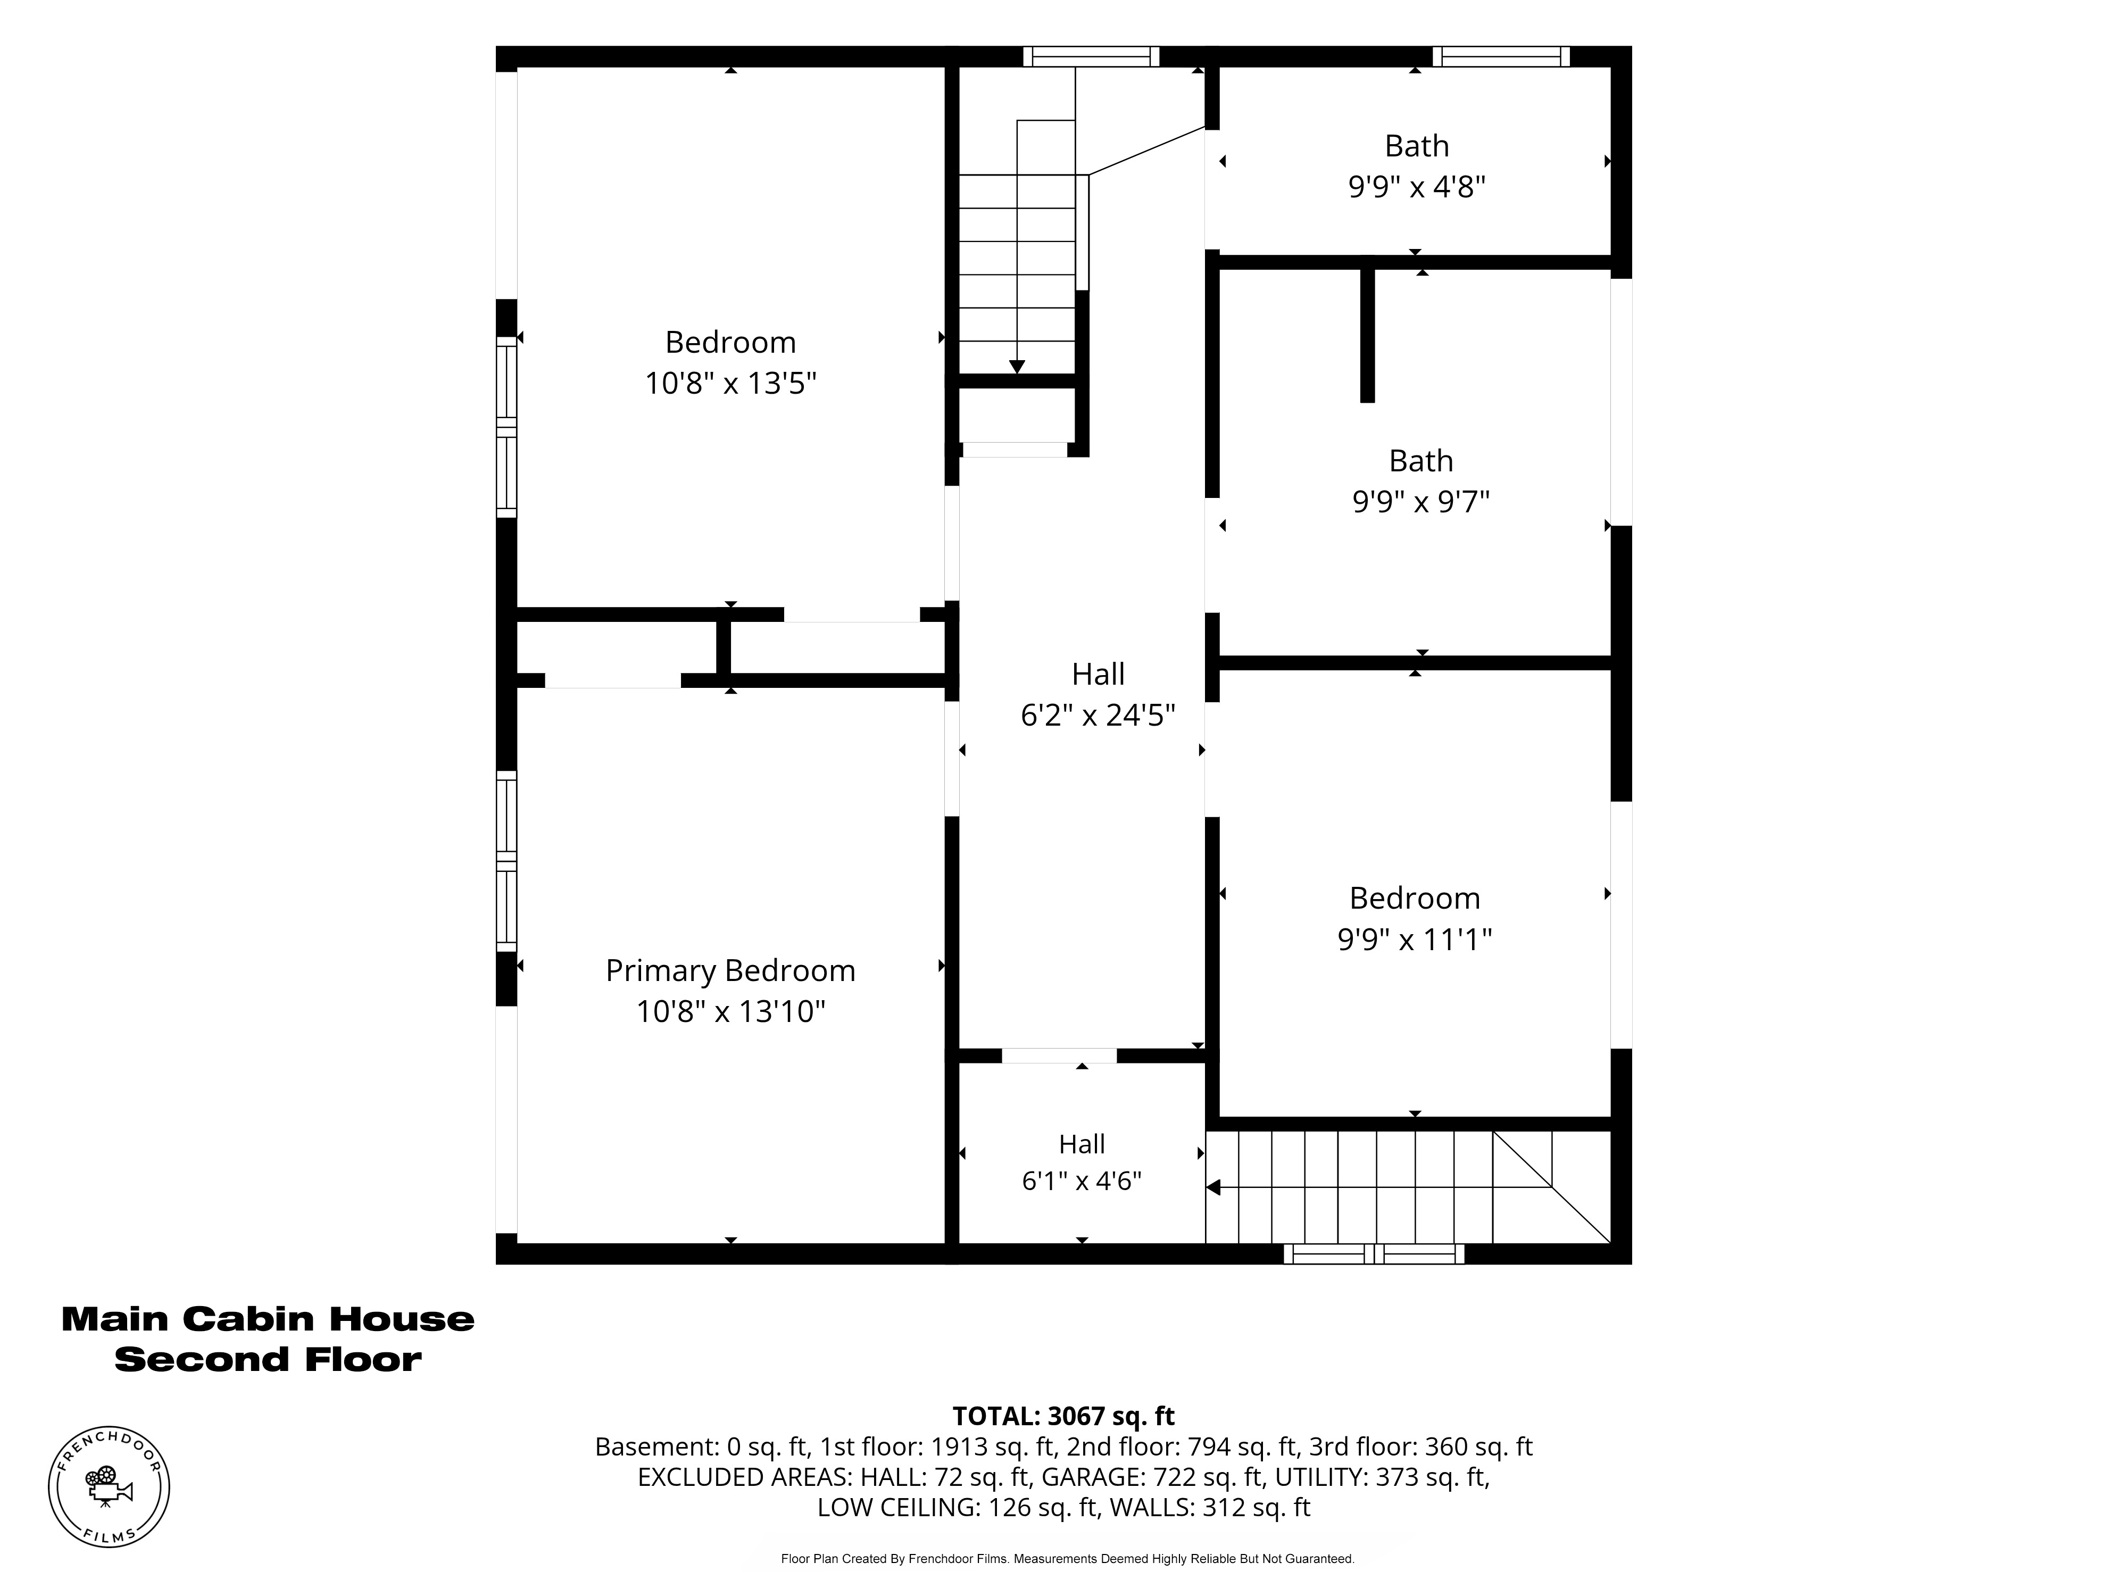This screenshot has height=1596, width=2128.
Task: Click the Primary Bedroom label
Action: tap(730, 971)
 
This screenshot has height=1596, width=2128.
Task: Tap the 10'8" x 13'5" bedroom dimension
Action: tap(730, 383)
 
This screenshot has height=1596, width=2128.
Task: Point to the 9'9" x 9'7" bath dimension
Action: tap(1421, 501)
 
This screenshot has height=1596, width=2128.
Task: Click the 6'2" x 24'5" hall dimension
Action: tap(1098, 715)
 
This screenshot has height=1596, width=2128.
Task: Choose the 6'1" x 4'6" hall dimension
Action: tap(1082, 1181)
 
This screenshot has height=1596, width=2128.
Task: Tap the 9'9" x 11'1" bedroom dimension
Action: tap(1414, 939)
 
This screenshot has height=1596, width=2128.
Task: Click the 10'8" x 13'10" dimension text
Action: tap(730, 1012)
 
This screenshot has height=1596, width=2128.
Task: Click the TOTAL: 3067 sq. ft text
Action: tap(1063, 1416)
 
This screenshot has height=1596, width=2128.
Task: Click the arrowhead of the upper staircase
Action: tap(1017, 367)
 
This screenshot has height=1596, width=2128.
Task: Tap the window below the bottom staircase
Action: tap(1374, 1253)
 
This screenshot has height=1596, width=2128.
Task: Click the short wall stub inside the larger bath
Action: tap(1367, 335)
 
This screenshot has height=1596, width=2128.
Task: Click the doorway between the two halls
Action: tap(1059, 1055)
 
